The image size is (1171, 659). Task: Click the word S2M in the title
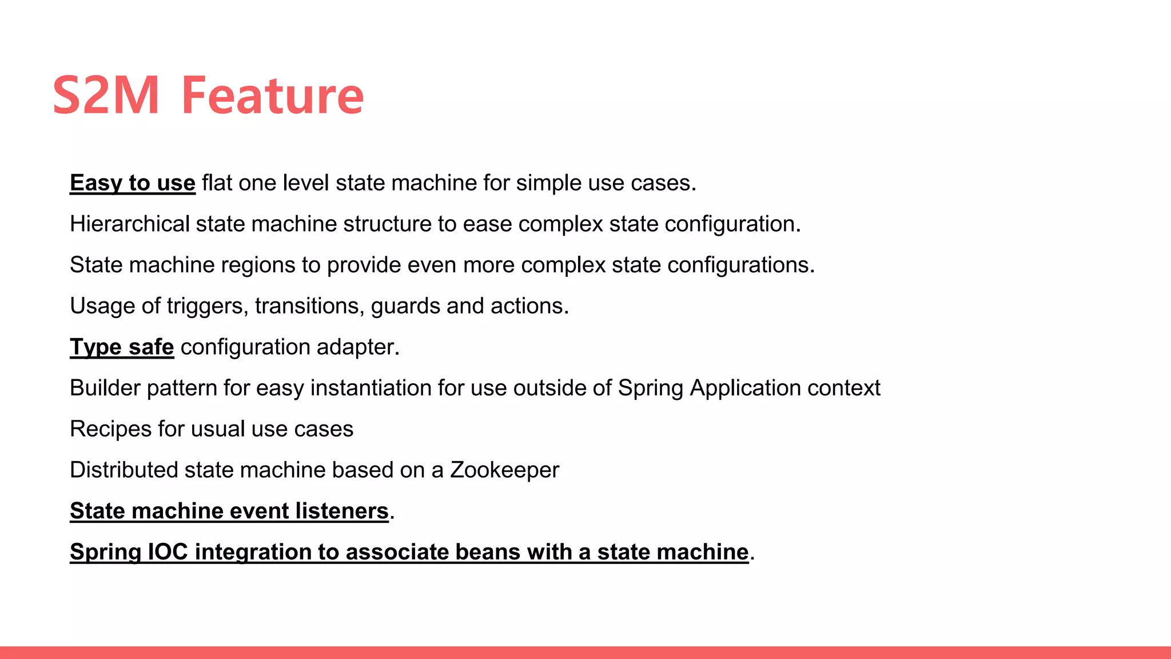tap(106, 96)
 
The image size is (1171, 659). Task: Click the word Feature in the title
tap(272, 96)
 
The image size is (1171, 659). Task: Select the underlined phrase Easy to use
tap(133, 183)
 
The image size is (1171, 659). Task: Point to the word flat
tap(217, 183)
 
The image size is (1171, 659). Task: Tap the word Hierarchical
tap(130, 224)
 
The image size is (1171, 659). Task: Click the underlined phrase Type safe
tap(122, 347)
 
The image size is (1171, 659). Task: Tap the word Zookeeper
tap(504, 470)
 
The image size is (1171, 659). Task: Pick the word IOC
tap(168, 552)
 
